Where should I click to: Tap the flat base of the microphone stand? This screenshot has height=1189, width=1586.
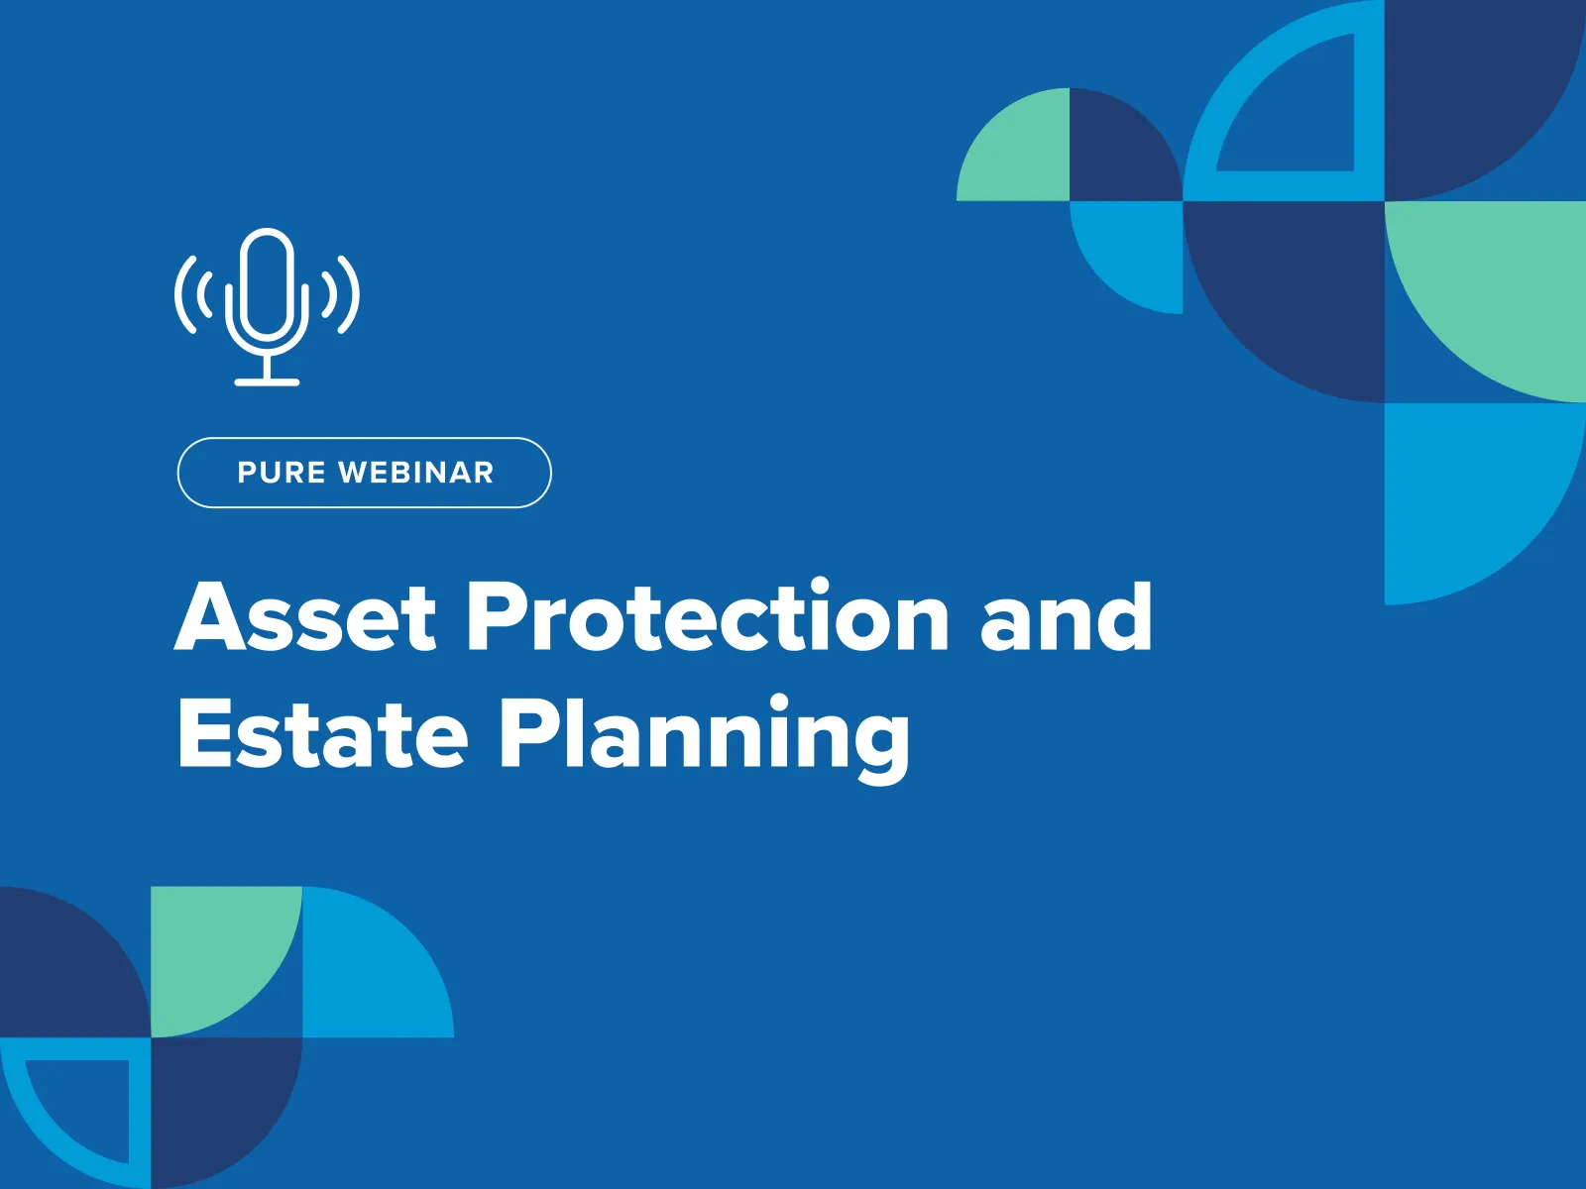coord(267,381)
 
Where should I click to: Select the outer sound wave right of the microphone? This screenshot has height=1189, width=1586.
coord(350,294)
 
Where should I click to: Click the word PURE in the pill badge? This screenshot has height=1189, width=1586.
coord(282,473)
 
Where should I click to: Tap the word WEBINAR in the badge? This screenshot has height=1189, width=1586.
coord(416,473)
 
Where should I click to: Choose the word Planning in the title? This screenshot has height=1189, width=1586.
coord(704,739)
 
